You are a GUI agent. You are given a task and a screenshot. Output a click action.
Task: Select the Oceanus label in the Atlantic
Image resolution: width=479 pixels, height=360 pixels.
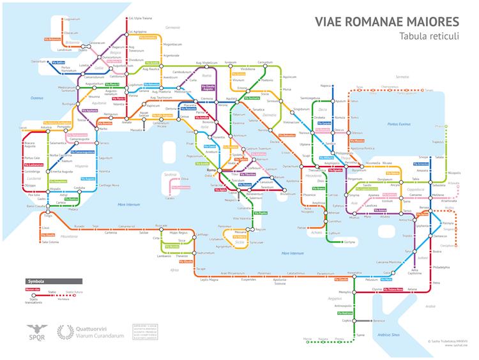coord(36,98)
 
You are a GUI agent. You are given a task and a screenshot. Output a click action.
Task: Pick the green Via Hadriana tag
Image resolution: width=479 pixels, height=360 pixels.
coord(344,313)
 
